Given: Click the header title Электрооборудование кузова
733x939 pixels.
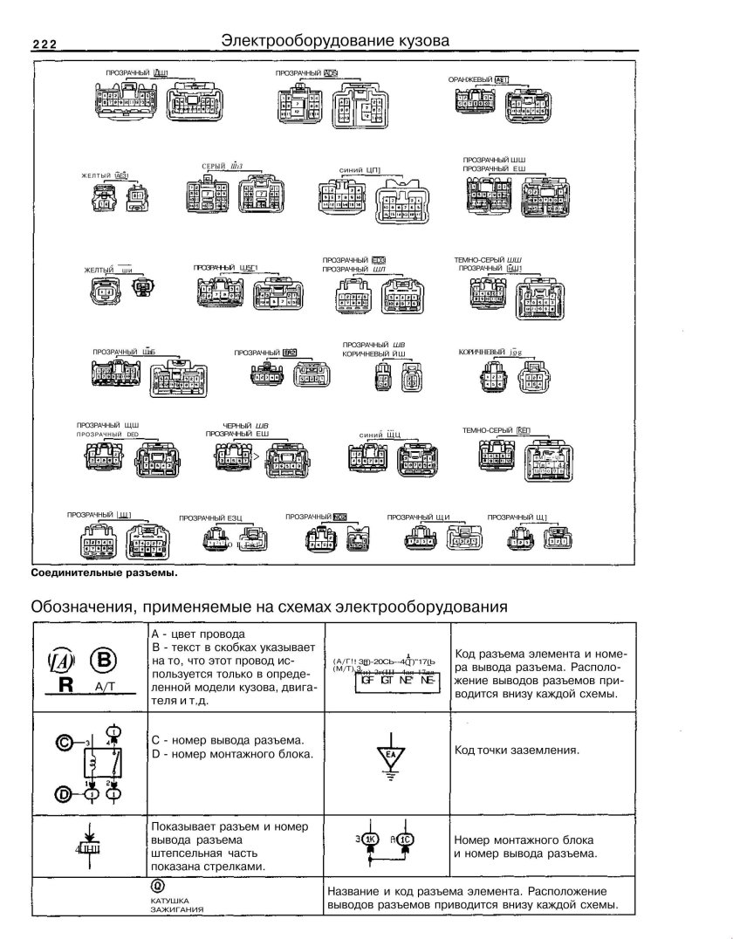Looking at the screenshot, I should coord(335,40).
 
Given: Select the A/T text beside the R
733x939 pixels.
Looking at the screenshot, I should coord(102,688).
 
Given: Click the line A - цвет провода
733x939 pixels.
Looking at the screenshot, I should coord(198,634).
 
